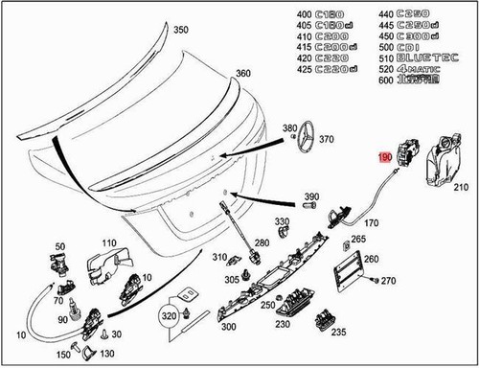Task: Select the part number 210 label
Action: tap(460, 189)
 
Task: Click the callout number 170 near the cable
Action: tap(372, 223)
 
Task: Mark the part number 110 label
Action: tap(108, 243)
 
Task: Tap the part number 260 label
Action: tap(372, 259)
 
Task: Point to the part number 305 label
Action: tap(232, 279)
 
